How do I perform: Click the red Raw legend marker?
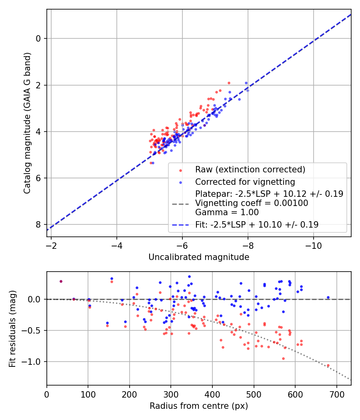180,170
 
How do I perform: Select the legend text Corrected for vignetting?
245,182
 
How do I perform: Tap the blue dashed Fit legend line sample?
180,225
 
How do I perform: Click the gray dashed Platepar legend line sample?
180,204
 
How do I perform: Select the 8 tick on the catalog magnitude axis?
38,224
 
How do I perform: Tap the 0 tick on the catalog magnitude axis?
38,39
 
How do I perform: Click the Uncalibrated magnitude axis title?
199,257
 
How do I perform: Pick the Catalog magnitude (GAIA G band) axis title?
27,123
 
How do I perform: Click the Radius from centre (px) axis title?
199,406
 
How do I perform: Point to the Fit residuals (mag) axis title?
13,328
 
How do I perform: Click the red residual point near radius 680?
328,365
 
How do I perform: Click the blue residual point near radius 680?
328,297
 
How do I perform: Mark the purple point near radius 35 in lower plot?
61,281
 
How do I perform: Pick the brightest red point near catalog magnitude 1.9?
229,83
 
